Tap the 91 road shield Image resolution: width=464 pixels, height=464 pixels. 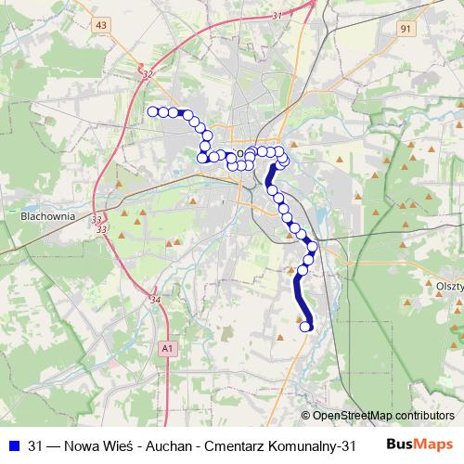(406, 30)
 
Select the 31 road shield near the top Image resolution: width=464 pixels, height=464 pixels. (277, 17)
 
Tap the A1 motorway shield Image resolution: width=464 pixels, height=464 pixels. (166, 347)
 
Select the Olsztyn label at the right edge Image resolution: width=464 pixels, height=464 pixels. (449, 288)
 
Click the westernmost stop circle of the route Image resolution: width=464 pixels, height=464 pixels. (153, 111)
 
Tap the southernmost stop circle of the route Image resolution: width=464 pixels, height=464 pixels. (305, 326)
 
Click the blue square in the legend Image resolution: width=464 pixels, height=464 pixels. (13, 444)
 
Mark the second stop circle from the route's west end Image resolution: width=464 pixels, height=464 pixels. (163, 112)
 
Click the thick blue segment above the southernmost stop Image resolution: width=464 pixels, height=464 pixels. (303, 297)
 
